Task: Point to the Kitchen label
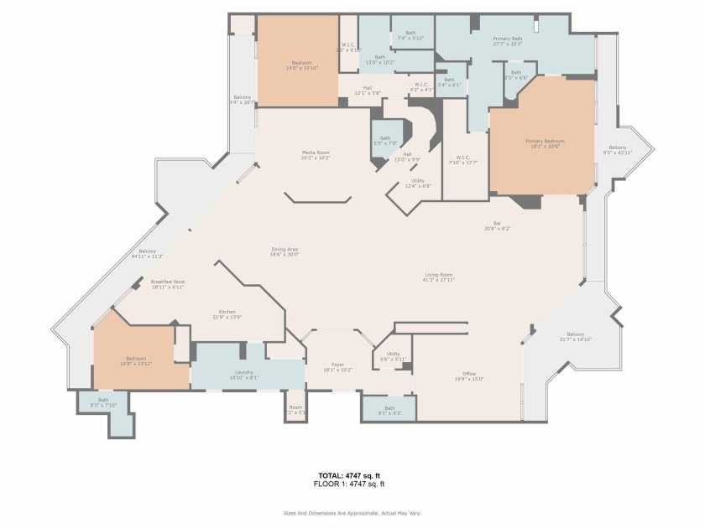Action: (228, 313)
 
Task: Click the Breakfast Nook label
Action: (168, 284)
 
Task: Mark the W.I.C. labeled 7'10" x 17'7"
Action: (463, 160)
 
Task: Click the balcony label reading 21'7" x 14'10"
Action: (576, 336)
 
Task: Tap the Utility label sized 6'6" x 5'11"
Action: (394, 356)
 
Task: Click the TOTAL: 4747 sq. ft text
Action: (352, 475)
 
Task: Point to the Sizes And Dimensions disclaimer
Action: (352, 513)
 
